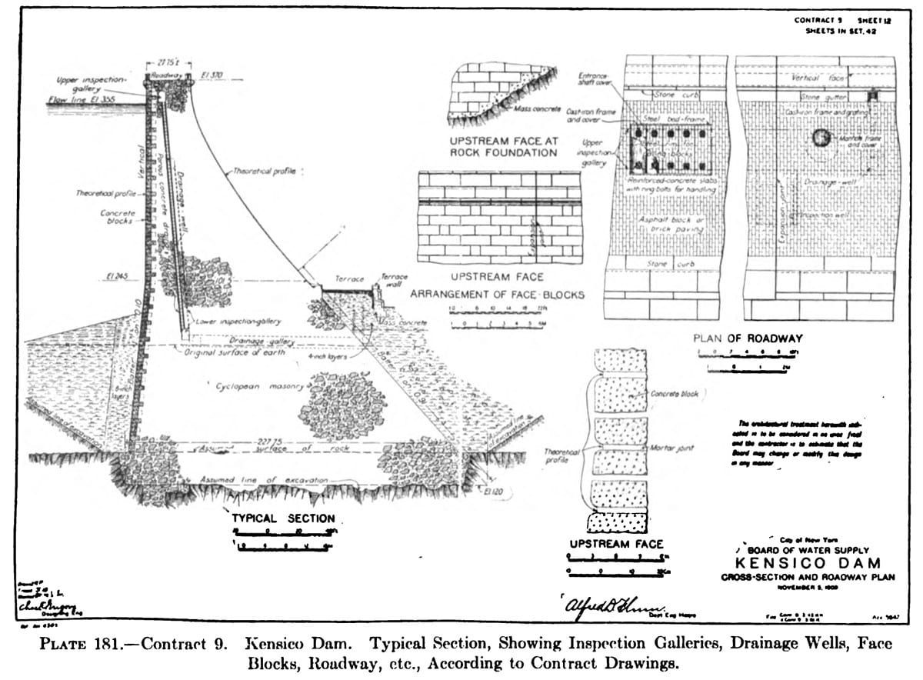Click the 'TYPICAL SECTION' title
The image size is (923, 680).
(x=283, y=518)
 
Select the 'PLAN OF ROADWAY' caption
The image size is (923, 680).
(x=748, y=338)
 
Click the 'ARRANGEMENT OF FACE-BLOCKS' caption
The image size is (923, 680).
(x=496, y=294)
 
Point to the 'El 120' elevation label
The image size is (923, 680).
(x=493, y=489)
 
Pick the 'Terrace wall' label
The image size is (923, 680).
(x=395, y=280)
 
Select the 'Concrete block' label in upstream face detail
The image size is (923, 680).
(x=674, y=394)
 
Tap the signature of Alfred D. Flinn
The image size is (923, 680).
(x=607, y=606)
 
